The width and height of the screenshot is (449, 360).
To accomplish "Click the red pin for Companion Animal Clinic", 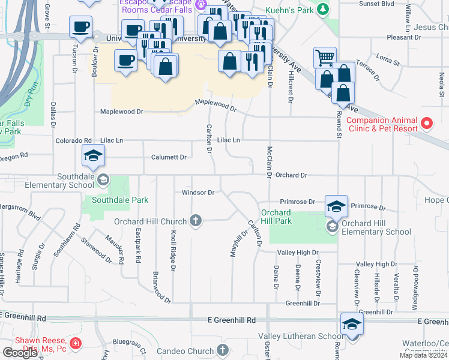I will tap(427, 124).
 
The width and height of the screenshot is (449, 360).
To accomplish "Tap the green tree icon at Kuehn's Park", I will tap(323, 9).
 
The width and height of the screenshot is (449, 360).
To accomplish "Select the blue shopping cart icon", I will tap(325, 58).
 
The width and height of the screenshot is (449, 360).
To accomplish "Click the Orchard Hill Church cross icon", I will tap(194, 221).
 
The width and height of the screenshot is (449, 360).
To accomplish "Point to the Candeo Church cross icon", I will tap(223, 350).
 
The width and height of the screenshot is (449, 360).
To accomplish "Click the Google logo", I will tap(20, 352).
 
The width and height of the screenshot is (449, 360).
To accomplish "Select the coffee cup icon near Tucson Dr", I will tap(80, 26).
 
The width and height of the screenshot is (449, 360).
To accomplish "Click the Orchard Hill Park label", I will tap(276, 217).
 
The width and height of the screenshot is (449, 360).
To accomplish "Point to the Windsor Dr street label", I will tap(198, 193).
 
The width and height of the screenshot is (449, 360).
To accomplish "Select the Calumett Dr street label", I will tap(168, 157).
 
